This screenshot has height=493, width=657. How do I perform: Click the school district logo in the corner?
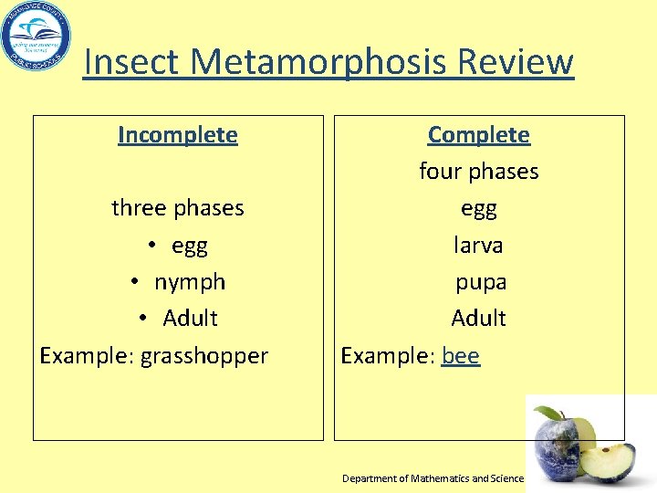(36, 37)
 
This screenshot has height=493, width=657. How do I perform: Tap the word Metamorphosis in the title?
(319, 62)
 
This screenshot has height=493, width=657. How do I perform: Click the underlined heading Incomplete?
(178, 135)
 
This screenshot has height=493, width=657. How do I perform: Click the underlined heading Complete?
(479, 135)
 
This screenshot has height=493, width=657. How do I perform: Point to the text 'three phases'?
(178, 208)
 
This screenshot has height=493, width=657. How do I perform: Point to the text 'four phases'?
(479, 172)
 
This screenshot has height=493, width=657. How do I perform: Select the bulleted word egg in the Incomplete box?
(189, 246)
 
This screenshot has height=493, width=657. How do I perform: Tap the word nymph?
(189, 282)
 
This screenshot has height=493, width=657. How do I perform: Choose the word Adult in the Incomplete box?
(190, 319)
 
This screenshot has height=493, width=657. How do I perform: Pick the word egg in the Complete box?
(479, 208)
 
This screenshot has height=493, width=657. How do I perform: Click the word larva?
(479, 246)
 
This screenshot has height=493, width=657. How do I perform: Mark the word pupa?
(481, 282)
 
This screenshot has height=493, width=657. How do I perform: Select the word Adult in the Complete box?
(479, 319)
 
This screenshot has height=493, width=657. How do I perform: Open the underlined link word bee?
(461, 355)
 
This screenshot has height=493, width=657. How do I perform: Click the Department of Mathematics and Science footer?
(433, 478)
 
